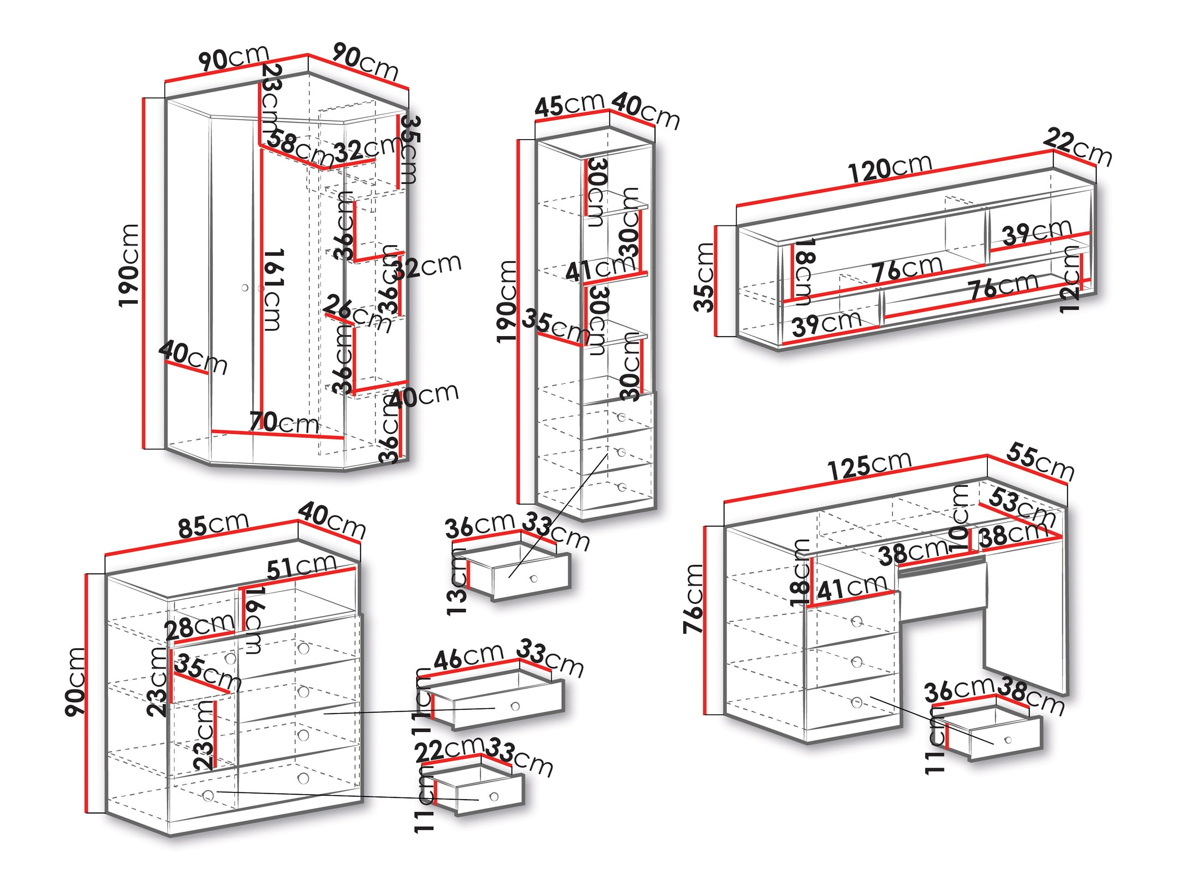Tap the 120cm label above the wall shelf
(x=889, y=169)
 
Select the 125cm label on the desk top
(x=869, y=465)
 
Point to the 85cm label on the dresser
(x=213, y=525)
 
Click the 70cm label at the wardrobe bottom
(x=284, y=423)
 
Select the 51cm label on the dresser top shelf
(x=302, y=566)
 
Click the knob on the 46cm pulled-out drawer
(x=515, y=706)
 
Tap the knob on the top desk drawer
(x=857, y=621)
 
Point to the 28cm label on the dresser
(x=200, y=627)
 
